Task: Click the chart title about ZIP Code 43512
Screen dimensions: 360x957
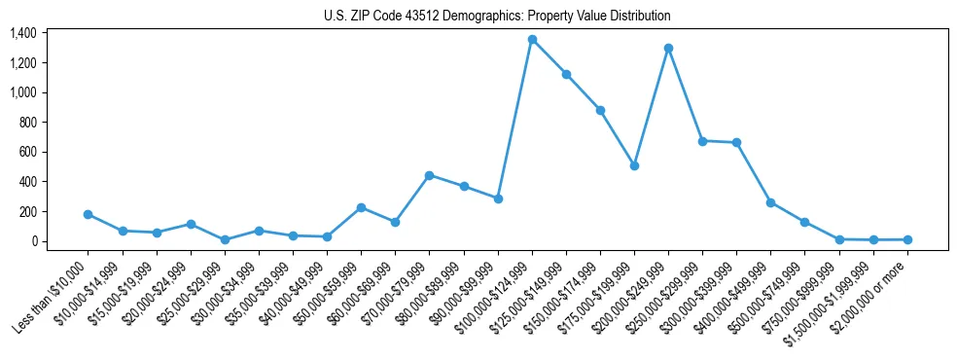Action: (497, 17)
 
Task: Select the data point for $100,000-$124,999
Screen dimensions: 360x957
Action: (532, 40)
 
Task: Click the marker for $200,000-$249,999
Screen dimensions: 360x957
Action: (668, 48)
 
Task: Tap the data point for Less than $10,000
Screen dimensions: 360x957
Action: (89, 214)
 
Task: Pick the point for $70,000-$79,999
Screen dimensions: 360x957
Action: (430, 175)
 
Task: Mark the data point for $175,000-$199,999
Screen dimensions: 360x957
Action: (634, 165)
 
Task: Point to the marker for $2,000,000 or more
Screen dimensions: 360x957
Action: (907, 239)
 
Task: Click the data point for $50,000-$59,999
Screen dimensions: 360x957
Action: (361, 207)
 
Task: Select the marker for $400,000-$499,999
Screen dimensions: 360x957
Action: (770, 202)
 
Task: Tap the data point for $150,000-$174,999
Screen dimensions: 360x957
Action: (600, 110)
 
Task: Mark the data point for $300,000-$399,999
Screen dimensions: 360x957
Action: (736, 143)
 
